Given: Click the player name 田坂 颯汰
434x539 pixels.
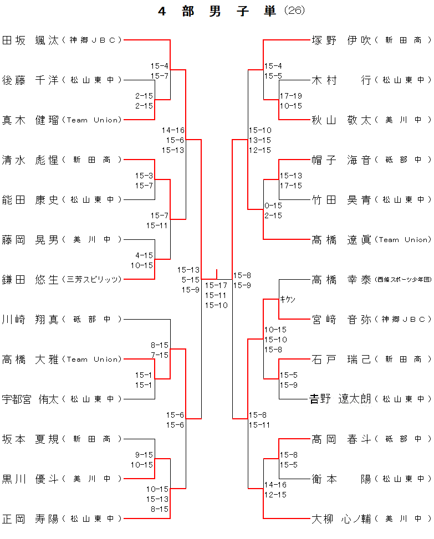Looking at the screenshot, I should pos(30,40).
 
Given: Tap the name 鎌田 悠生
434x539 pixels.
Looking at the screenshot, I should pos(30,279).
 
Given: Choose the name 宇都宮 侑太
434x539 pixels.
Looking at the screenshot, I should pos(30,399).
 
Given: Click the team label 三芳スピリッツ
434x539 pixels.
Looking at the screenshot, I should pos(93,280).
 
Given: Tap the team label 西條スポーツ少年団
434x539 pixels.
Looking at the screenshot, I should pos(402,280).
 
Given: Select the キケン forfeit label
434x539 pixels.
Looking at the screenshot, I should pos(288,300).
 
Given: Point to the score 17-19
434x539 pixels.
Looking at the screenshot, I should pos(290,96).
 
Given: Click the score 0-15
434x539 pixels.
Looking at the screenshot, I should pos(273,206).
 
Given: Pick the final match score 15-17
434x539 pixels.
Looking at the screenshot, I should pos(216,285).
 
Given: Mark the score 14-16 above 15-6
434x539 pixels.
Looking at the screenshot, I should pos(173,130).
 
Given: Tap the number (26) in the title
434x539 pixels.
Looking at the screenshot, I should pos(294,11).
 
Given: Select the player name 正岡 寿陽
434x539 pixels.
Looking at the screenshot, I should pos(30,519).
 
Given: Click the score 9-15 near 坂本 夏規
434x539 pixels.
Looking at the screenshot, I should pos(144,455).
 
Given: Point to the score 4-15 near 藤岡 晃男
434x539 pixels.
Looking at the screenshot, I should pos(144,255).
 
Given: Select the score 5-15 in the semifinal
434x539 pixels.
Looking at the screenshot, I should pos(190,280).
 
